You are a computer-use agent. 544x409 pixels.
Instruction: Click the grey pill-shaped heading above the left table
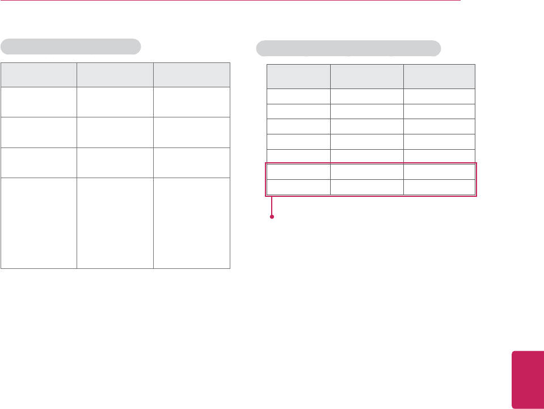(x=71, y=46)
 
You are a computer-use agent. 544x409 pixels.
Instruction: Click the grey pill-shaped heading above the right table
(x=349, y=48)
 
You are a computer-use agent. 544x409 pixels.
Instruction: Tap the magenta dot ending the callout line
(x=272, y=217)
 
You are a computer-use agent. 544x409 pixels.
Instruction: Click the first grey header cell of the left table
(x=39, y=74)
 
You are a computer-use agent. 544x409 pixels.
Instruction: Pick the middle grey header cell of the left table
(x=115, y=74)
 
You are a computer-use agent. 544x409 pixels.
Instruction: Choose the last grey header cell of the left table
(x=192, y=74)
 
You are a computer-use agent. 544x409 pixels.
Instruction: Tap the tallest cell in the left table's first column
(x=39, y=222)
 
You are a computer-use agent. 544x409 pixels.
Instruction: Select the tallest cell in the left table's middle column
(x=115, y=222)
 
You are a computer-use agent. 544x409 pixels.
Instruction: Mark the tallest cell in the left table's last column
(x=192, y=222)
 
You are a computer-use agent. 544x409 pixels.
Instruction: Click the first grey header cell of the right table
(x=299, y=77)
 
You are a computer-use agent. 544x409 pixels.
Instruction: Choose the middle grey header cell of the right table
(x=367, y=77)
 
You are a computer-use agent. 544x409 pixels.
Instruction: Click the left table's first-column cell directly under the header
(x=39, y=102)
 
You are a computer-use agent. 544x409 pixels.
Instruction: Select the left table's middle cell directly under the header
(x=115, y=102)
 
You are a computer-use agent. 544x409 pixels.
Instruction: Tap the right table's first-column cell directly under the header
(x=299, y=96)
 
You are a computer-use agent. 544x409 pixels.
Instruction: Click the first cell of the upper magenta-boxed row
(x=299, y=172)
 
